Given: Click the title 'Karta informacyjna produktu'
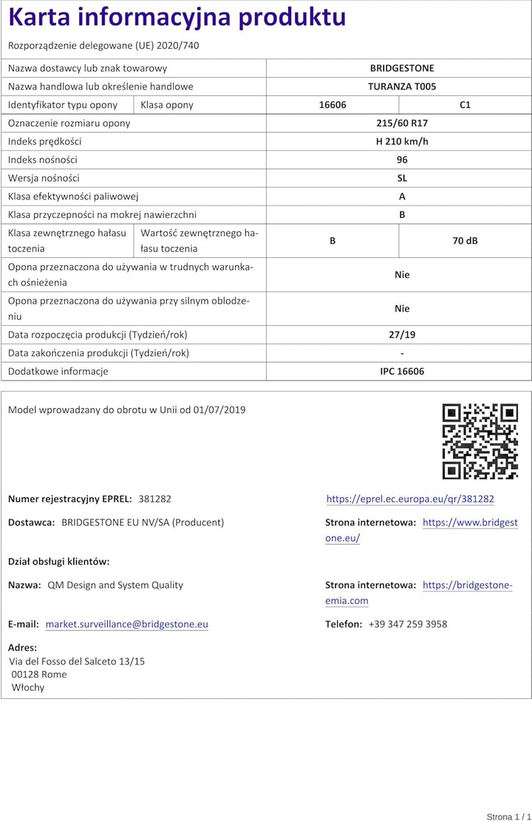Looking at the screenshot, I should [x=177, y=17].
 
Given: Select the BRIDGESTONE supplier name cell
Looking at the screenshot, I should [x=402, y=68].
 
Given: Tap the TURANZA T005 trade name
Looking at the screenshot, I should [x=402, y=86].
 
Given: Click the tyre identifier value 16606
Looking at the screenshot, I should [x=332, y=105].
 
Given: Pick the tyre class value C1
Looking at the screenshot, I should [x=465, y=105].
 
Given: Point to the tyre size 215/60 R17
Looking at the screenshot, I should [x=402, y=123].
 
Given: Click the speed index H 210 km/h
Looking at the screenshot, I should [x=402, y=141].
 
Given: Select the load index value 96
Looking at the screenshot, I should [x=402, y=160].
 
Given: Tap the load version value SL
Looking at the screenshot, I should [x=402, y=178].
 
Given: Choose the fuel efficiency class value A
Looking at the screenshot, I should [x=402, y=197].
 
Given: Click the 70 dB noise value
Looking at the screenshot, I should [x=465, y=241].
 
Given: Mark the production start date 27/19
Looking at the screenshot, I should [x=402, y=335].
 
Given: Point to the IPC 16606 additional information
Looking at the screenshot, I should [x=402, y=372].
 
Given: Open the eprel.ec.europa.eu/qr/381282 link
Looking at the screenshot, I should [x=410, y=500].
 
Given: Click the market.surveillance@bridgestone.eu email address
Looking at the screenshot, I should [x=126, y=624].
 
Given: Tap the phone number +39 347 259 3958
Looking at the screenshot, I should [x=408, y=624].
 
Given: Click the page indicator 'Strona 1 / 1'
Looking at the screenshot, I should [x=508, y=817].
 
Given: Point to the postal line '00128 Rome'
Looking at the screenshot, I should [x=39, y=675].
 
